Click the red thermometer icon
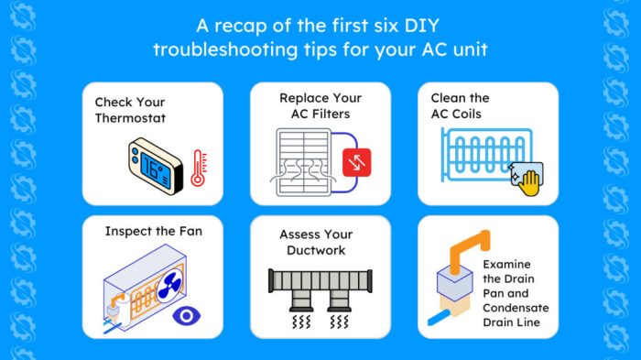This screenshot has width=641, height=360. tap(198, 168)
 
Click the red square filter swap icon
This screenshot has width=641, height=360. tap(354, 163)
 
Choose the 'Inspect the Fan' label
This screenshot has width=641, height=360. tap(154, 231)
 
